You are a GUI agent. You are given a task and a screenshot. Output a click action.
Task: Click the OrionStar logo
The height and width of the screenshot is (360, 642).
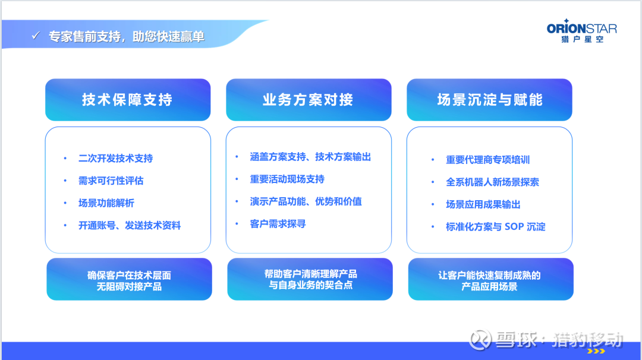(582, 31)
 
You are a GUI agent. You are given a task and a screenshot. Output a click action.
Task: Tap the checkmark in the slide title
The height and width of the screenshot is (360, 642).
(36, 36)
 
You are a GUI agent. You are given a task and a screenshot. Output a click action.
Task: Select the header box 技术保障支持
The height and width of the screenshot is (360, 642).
(128, 100)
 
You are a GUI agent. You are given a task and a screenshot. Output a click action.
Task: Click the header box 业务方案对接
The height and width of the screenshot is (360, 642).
(309, 100)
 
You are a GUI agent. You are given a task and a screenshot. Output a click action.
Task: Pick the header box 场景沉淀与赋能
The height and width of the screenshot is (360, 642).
(489, 100)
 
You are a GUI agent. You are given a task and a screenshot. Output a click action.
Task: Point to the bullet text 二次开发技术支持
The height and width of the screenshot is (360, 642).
(116, 159)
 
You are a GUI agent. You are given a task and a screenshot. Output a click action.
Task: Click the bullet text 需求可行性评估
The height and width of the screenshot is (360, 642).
(111, 181)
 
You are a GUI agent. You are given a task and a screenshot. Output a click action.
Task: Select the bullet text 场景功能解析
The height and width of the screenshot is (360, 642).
(106, 203)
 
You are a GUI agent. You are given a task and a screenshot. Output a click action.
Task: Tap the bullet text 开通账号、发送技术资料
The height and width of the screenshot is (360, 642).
(130, 225)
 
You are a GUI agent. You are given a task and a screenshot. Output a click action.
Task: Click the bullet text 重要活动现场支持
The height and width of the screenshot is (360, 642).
(288, 179)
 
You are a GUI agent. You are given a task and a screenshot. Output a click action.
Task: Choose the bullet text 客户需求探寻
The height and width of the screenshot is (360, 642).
(278, 224)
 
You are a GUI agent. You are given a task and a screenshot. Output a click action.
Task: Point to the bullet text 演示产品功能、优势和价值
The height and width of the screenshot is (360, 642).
(306, 201)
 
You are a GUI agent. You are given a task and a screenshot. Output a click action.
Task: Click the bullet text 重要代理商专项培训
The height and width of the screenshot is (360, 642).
(488, 160)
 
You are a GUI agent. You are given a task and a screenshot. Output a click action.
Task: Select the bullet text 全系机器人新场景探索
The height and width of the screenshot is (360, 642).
(493, 182)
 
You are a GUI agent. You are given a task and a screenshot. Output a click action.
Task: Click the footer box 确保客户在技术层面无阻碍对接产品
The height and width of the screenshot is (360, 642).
(130, 279)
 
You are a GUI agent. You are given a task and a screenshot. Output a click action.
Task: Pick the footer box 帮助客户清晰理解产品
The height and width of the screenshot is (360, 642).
(310, 279)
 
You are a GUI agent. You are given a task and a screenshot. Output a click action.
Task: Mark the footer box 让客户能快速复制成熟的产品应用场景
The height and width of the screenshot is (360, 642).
(491, 279)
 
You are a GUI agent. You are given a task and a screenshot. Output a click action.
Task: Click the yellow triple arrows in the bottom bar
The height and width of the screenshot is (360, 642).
(596, 351)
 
